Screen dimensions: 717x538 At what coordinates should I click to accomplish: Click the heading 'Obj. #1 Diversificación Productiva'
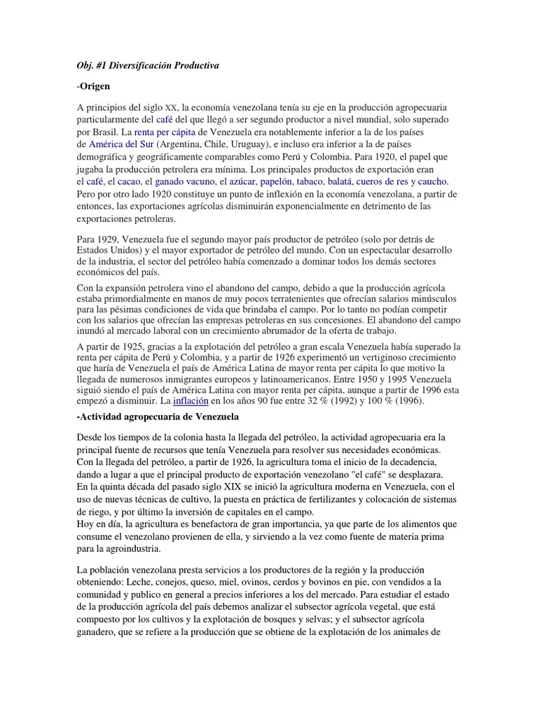(148, 65)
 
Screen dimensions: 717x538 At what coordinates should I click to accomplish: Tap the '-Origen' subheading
(94, 86)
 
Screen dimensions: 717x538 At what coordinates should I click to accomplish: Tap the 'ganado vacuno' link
(185, 182)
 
